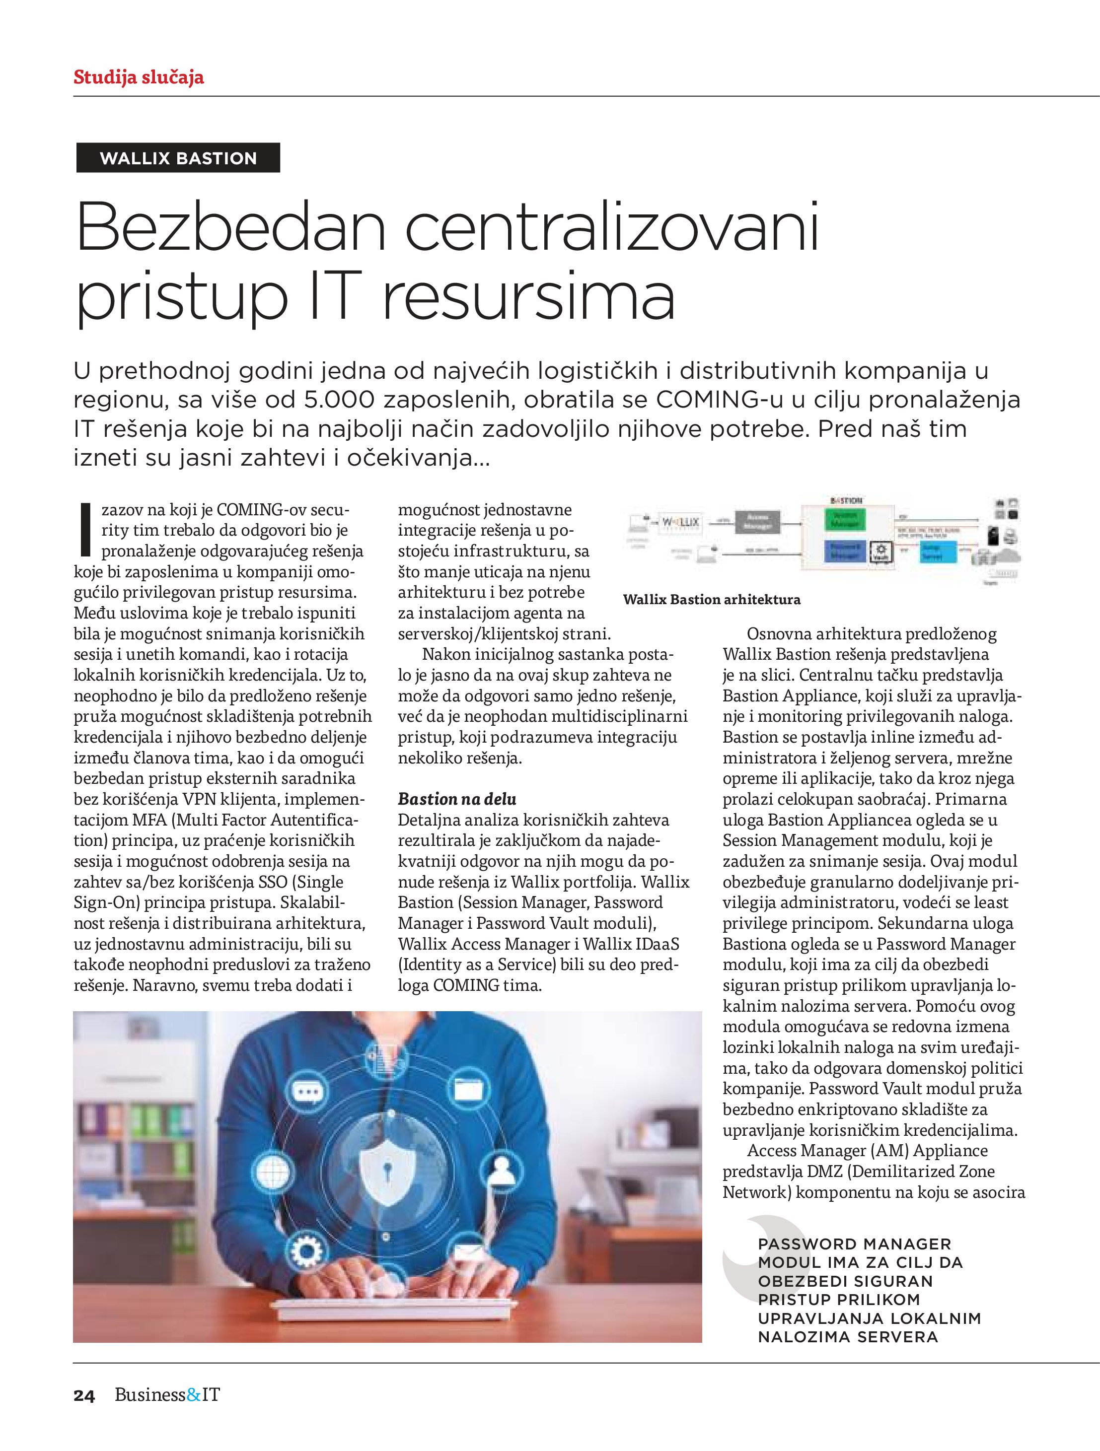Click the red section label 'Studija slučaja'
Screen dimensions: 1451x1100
pos(139,77)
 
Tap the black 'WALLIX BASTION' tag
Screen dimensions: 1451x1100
pos(178,158)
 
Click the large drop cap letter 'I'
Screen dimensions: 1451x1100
pos(84,529)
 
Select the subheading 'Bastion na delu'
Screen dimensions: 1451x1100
pos(457,799)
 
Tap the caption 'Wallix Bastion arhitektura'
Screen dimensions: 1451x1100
pos(712,600)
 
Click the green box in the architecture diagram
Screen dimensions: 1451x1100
pos(845,520)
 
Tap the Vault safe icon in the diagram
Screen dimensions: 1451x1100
pos(880,551)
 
